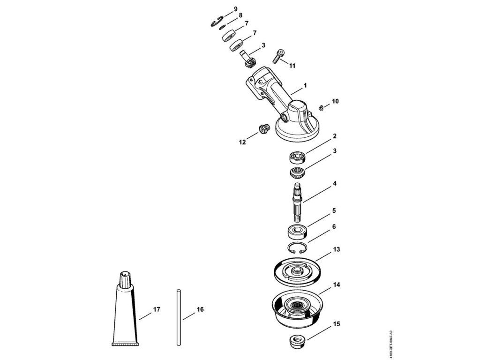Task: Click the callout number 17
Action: click(x=157, y=309)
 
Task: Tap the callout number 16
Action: click(x=200, y=309)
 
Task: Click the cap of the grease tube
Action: click(x=125, y=279)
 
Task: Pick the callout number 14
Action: click(x=336, y=285)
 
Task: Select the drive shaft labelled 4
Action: click(x=298, y=202)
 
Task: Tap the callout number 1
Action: click(x=305, y=86)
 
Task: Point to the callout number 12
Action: click(x=243, y=142)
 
